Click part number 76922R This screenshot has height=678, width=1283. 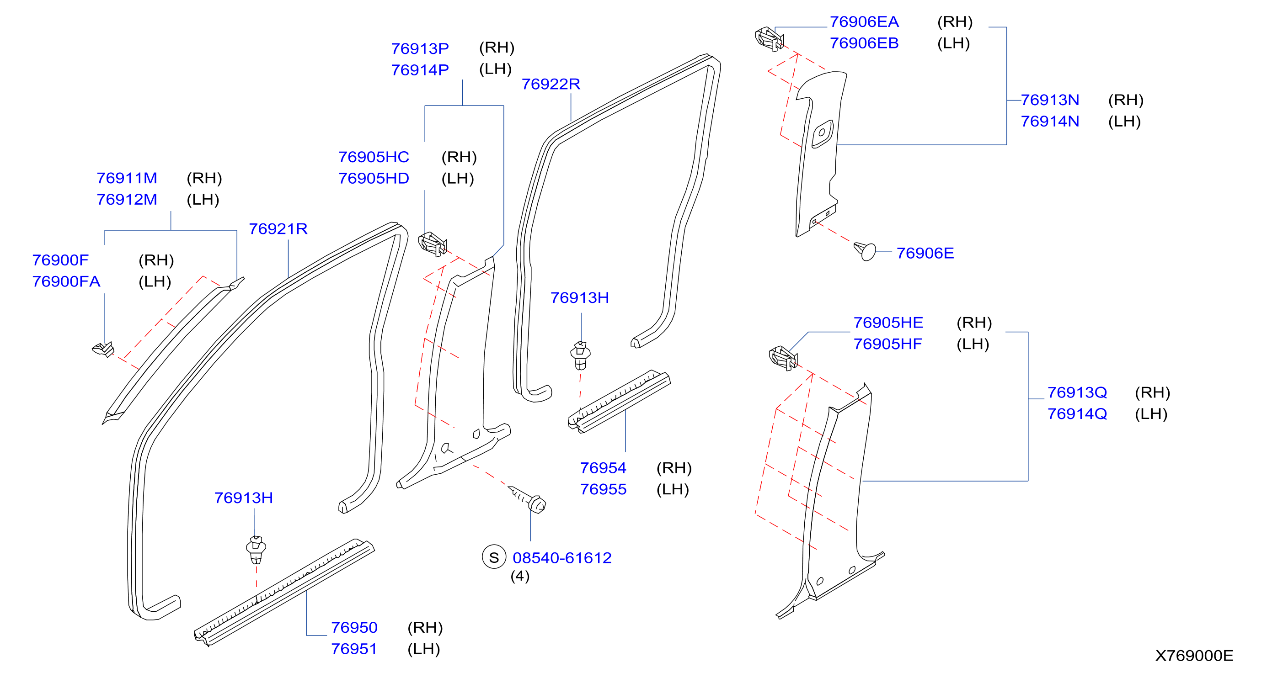pyautogui.click(x=551, y=84)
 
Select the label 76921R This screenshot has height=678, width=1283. pyautogui.click(x=278, y=229)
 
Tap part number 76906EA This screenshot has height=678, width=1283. pyautogui.click(x=864, y=22)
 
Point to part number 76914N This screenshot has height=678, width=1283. pyautogui.click(x=1050, y=122)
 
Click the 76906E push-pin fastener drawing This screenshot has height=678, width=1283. pyautogui.click(x=865, y=251)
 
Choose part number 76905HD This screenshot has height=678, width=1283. pyautogui.click(x=374, y=178)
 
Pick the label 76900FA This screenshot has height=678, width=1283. pyautogui.click(x=66, y=282)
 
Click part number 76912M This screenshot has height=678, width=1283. pyautogui.click(x=127, y=200)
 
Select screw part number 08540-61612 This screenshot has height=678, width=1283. pyautogui.click(x=562, y=558)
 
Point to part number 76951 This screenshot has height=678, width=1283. pyautogui.click(x=354, y=649)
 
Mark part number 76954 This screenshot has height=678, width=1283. pyautogui.click(x=603, y=468)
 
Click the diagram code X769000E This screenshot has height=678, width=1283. pyautogui.click(x=1194, y=656)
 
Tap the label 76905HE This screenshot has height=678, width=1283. pyautogui.click(x=888, y=323)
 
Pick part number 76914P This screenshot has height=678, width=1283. pyautogui.click(x=420, y=70)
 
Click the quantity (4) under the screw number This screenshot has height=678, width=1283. pyautogui.click(x=520, y=576)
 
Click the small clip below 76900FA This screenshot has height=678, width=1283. pyautogui.click(x=104, y=350)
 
